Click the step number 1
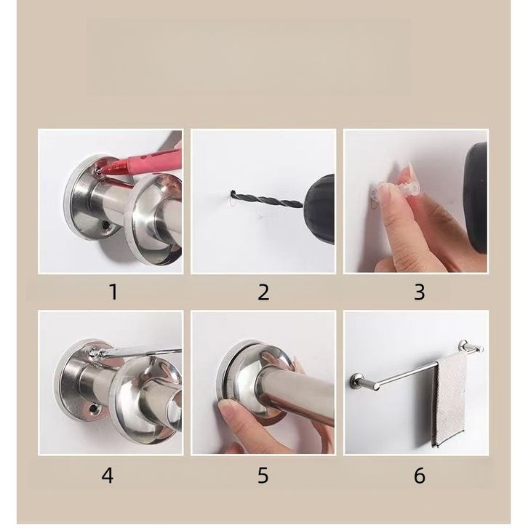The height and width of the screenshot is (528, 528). pos(113,292)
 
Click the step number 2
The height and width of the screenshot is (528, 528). pos(263,292)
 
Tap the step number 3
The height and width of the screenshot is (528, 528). pos(419,292)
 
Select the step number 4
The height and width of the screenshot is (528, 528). pos(108,476)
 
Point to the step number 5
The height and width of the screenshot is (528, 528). pos(263,476)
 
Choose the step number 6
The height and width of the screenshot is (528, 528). pos(420,476)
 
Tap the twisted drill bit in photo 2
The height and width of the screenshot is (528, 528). pos(266,199)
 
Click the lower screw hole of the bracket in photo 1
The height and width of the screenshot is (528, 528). pos(106,225)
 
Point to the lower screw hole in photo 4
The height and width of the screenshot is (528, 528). pos(92,409)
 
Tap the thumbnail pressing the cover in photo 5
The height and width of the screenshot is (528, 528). pos(225,407)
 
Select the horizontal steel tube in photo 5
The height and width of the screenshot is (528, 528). pos(296,396)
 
